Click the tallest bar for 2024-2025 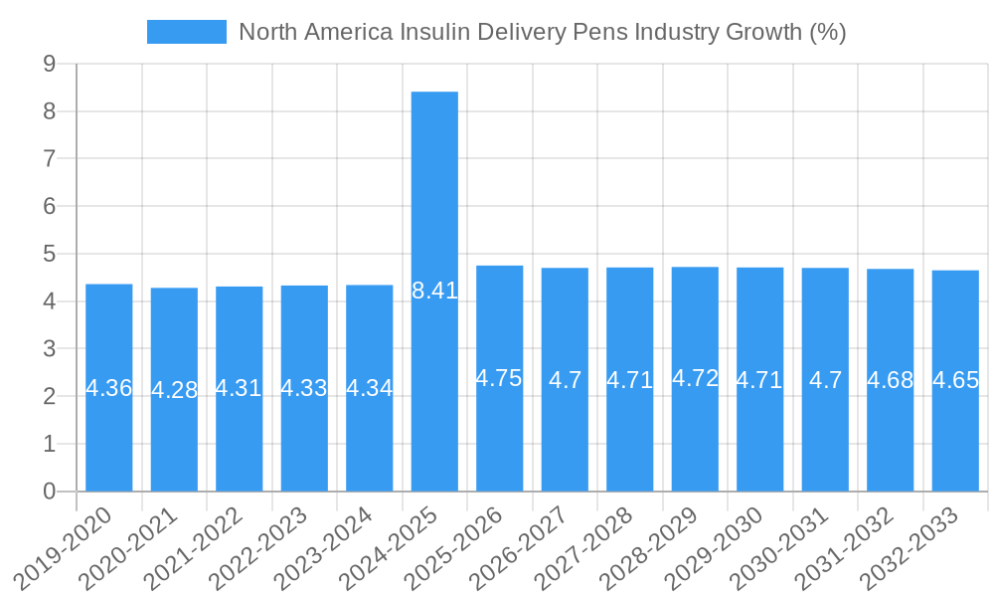pyautogui.click(x=434, y=199)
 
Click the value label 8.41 pyautogui.click(x=434, y=292)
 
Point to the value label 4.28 pyautogui.click(x=174, y=390)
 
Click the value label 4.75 pyautogui.click(x=499, y=378)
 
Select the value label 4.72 pyautogui.click(x=695, y=378)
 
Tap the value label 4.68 pyautogui.click(x=890, y=380)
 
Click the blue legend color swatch pyautogui.click(x=187, y=32)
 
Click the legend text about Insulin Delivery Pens pyautogui.click(x=543, y=32)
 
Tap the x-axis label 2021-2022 pyautogui.click(x=205, y=546)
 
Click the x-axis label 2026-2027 pyautogui.click(x=530, y=546)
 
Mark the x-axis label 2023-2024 pyautogui.click(x=335, y=546)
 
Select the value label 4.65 pyautogui.click(x=955, y=380)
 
